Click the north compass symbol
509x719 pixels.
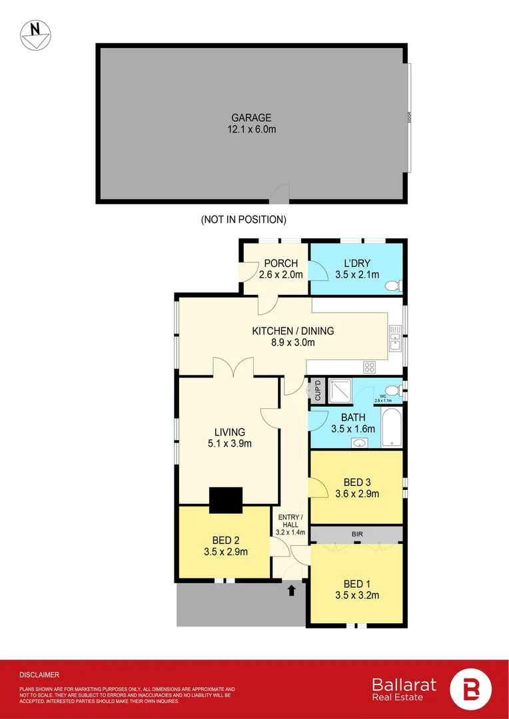click(33, 34)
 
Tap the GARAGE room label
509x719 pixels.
click(251, 118)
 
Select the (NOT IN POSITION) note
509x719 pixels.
click(243, 219)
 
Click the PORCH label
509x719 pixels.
click(280, 263)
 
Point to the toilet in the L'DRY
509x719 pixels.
click(393, 286)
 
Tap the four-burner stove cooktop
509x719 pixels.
click(369, 367)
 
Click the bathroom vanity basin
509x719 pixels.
click(360, 443)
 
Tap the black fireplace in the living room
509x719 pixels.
click(226, 500)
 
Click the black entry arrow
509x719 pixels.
click(291, 590)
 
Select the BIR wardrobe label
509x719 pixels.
click(357, 534)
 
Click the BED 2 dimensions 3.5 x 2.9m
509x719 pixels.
click(225, 552)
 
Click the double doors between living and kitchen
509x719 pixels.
click(233, 367)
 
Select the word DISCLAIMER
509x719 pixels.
click(39, 674)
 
